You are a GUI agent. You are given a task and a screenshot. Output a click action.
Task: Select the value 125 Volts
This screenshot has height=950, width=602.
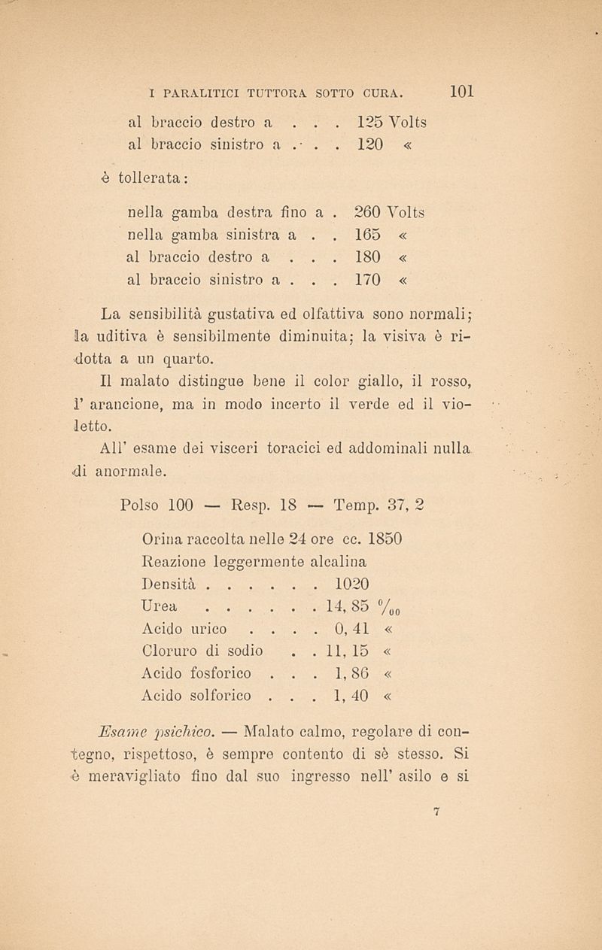[x=391, y=121]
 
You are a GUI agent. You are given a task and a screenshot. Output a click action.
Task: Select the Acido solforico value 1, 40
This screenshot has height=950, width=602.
[x=351, y=697]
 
